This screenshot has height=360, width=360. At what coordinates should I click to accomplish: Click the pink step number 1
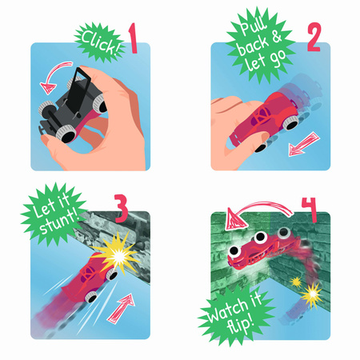[133, 38]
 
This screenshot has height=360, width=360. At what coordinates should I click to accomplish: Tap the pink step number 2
[314, 37]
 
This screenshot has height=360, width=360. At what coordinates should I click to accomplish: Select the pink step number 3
[122, 208]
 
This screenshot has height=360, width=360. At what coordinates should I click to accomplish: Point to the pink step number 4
[310, 209]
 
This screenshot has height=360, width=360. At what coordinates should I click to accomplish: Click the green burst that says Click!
[99, 42]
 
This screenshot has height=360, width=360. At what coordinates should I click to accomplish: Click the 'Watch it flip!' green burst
[235, 314]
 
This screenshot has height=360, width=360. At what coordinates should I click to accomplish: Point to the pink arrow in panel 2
[304, 144]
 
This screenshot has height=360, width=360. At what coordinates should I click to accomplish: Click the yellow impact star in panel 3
[118, 254]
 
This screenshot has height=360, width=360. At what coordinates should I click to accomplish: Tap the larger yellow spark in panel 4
[311, 294]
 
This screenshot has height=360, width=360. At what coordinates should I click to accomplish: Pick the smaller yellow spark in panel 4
[295, 282]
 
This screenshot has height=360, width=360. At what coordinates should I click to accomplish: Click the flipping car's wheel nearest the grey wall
[284, 233]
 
